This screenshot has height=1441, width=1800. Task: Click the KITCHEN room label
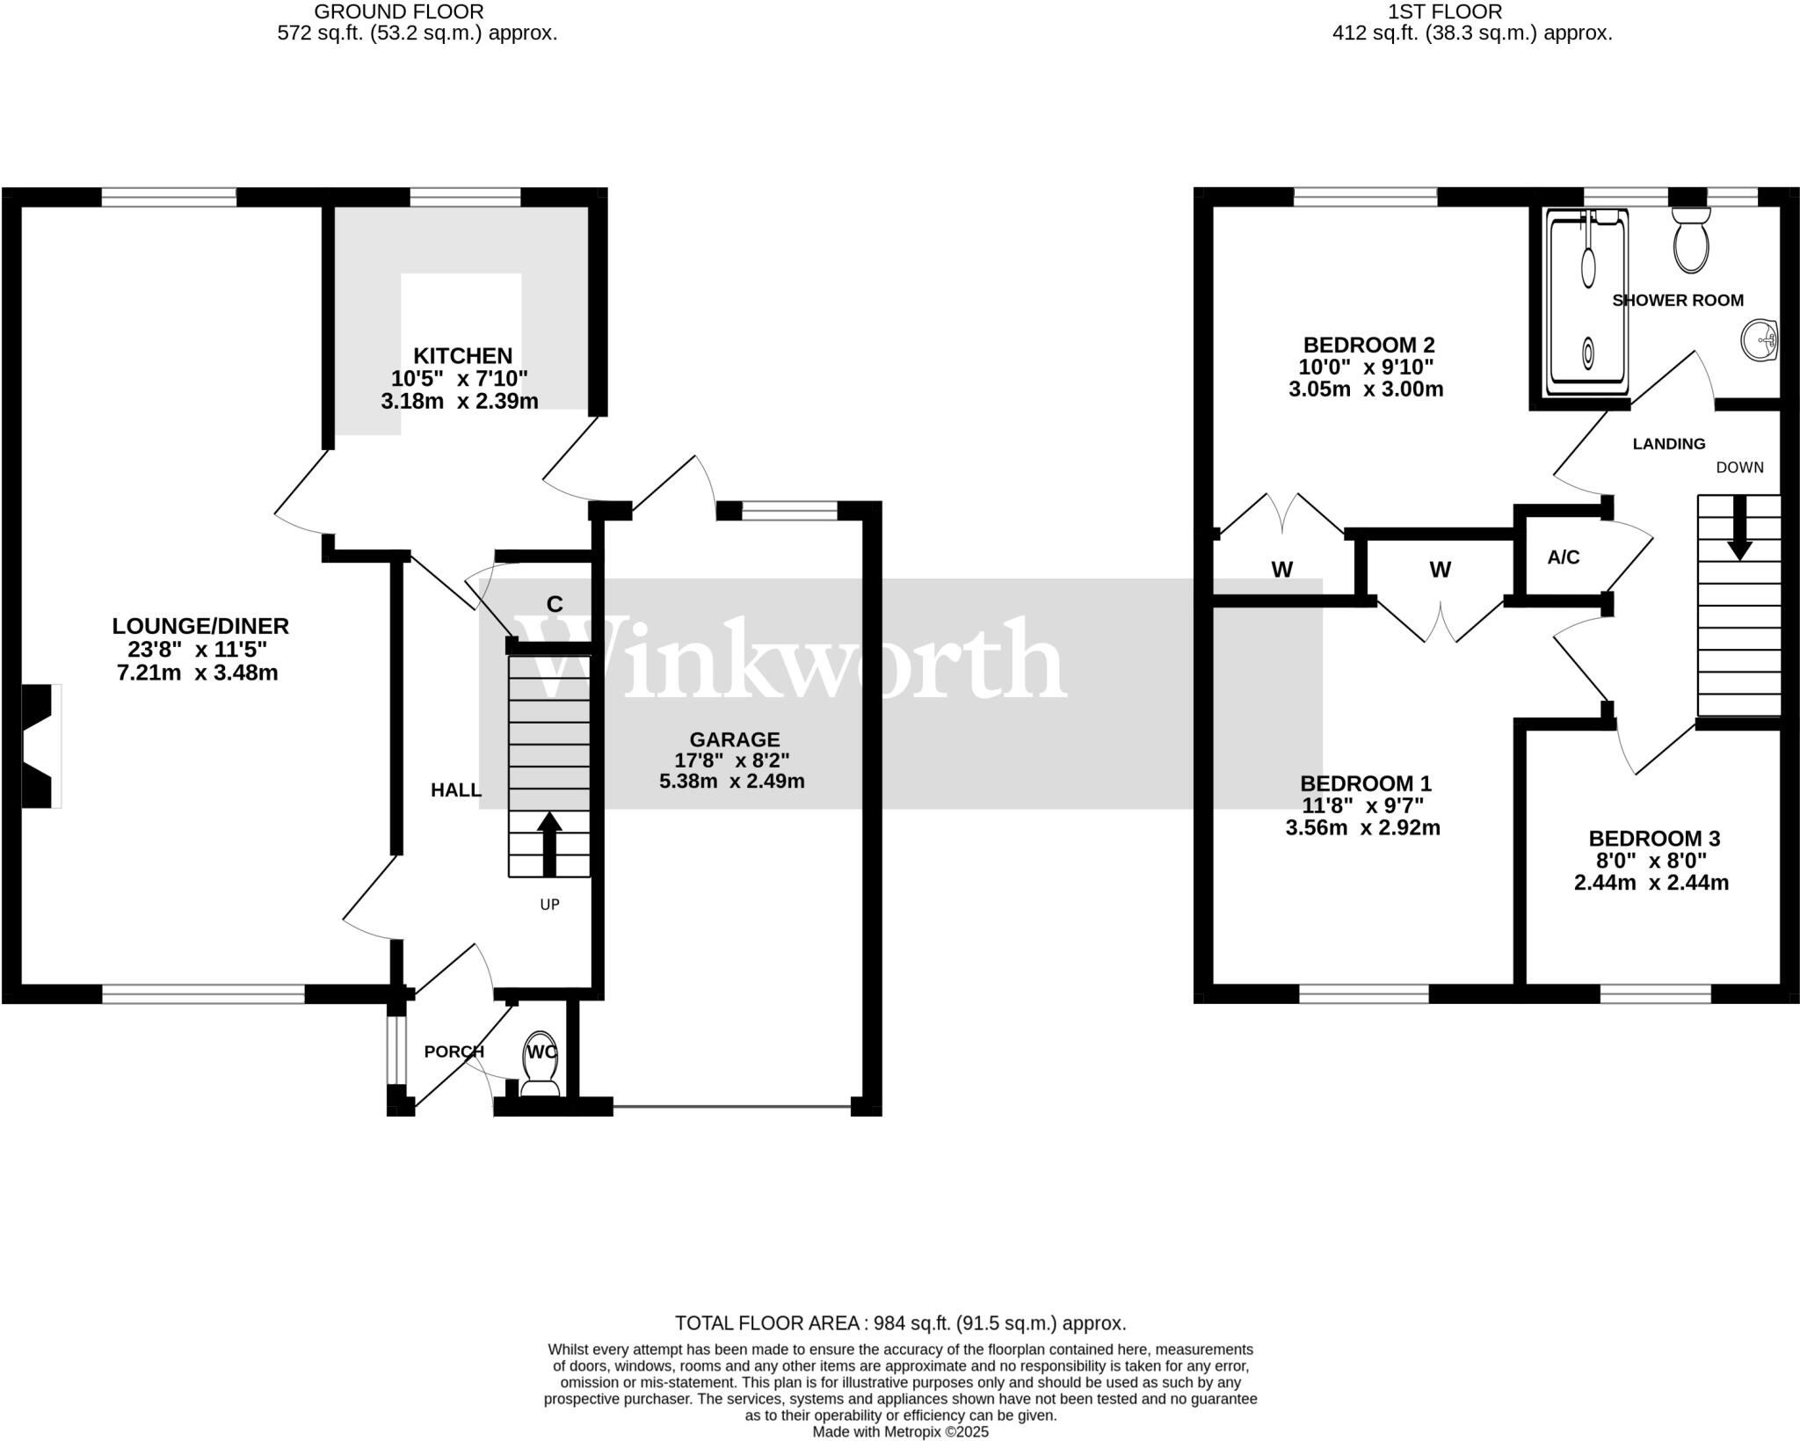tap(462, 356)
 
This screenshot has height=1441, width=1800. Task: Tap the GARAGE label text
tap(734, 740)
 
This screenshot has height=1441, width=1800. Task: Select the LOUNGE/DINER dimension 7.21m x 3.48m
tap(197, 673)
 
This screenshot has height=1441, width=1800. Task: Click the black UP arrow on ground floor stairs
tap(549, 844)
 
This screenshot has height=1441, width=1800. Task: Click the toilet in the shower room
tap(1691, 238)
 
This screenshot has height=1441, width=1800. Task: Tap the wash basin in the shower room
tap(1760, 339)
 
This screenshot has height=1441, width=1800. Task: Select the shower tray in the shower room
tap(1587, 302)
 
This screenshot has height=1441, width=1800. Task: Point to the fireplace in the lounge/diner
tap(41, 746)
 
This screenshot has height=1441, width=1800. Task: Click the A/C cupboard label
tap(1563, 557)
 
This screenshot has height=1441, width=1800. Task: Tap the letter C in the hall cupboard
tap(555, 604)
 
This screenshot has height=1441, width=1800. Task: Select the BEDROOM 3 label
tap(1654, 839)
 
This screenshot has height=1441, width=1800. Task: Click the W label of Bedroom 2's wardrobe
tap(1281, 570)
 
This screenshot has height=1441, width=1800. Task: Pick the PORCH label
tap(454, 1052)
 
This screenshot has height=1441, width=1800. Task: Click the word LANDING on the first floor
tap(1668, 444)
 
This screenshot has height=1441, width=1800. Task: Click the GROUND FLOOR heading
tap(399, 11)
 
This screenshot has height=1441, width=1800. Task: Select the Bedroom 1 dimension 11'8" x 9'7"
tap(1362, 805)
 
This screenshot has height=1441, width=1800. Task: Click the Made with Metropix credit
tap(900, 1431)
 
